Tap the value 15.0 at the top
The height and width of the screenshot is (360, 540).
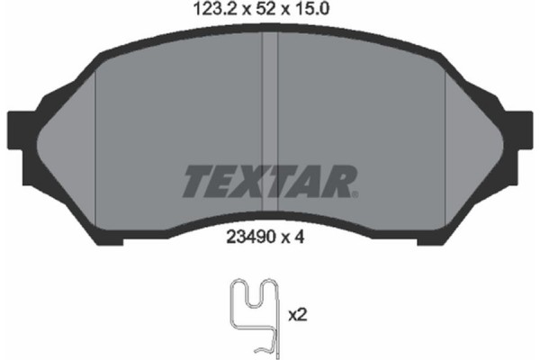coord(310,13)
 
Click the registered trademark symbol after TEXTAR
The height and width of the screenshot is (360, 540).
coord(356,193)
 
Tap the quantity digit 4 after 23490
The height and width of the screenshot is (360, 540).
coord(307,239)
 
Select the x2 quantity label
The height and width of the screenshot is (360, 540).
coord(297,316)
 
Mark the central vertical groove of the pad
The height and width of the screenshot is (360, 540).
coord(270,99)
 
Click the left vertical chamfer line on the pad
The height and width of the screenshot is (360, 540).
coord(95,135)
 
